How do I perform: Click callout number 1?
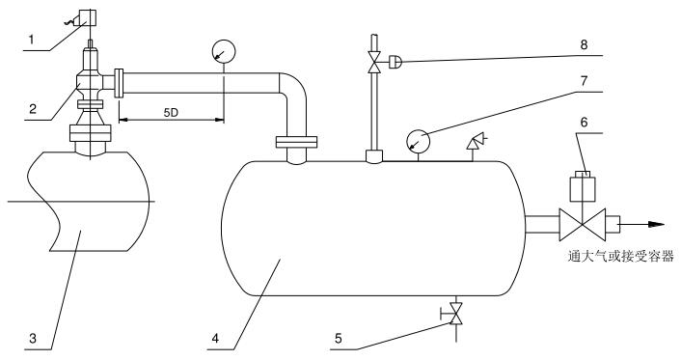point(31,40)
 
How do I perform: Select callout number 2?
point(33,108)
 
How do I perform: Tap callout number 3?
point(33,338)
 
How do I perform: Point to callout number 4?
point(216,338)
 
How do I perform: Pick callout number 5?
point(339,338)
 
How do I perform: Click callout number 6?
point(585,123)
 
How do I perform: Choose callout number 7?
point(585,81)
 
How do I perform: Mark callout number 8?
point(585,44)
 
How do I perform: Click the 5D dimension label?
point(171,113)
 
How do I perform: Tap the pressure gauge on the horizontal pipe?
point(224,52)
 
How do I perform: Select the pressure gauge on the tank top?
point(418,141)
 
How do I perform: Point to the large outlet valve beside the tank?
point(583,224)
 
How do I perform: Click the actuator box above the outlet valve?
point(583,186)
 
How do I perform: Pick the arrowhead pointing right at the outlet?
point(656,224)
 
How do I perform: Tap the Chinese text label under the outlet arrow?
point(621,256)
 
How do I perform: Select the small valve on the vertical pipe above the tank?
point(374,62)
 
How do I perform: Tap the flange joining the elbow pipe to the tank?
point(296,142)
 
